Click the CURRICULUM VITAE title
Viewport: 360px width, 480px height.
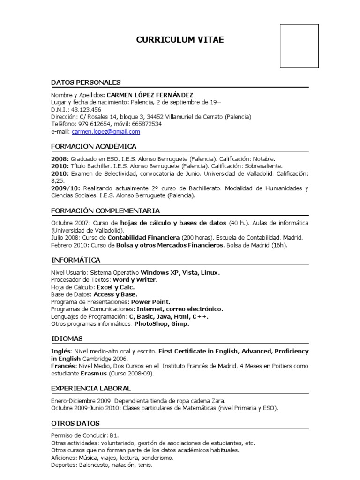[180, 40]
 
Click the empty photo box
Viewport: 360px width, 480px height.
[299, 46]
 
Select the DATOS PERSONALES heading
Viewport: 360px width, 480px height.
[86, 82]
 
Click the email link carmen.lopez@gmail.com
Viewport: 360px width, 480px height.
[106, 132]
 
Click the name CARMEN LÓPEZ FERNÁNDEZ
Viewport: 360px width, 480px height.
[150, 94]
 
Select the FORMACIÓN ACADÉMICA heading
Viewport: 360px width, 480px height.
[94, 146]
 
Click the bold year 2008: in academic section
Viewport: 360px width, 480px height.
[60, 158]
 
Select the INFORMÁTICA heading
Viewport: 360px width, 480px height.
[75, 260]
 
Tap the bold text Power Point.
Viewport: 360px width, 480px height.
[151, 302]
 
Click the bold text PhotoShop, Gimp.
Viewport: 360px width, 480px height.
[162, 323]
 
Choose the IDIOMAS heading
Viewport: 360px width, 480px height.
[67, 338]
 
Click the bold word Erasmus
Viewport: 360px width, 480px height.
[94, 374]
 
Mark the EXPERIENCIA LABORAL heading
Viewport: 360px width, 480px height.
[91, 388]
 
